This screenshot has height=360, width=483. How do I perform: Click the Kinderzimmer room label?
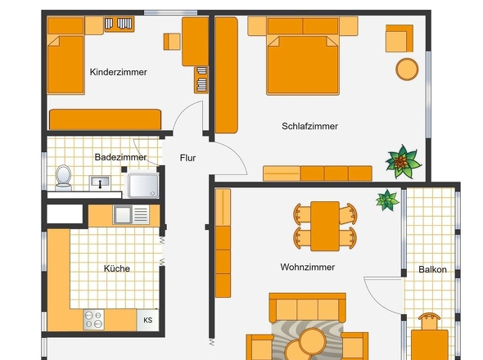pos(118,72)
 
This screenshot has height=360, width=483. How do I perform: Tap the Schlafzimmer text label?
pos(309,126)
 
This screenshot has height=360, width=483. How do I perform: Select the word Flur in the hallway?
pos(187,158)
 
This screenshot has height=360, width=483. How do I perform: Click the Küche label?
pos(116,268)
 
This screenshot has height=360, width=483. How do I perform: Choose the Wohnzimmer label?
pos(307,267)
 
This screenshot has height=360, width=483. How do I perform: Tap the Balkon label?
pos(432,269)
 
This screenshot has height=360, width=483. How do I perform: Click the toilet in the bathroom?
pos(64,177)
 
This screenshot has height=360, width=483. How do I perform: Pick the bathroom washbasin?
pos(101,182)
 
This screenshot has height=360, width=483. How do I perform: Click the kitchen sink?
pos(124,215)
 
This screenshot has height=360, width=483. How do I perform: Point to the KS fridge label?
pos(148,320)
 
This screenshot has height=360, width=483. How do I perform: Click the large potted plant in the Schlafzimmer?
pos(401,162)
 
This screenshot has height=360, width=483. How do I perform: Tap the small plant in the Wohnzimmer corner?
pos(386,199)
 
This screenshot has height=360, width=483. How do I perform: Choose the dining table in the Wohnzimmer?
pos(326,226)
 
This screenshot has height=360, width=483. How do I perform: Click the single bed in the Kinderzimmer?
pos(65,59)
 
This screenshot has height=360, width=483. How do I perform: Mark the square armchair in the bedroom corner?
pos(399,38)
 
